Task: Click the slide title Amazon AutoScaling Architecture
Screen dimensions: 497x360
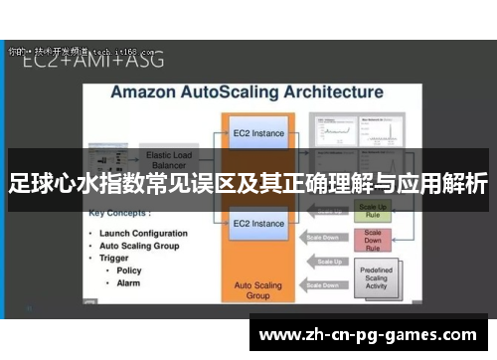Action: pos(246,91)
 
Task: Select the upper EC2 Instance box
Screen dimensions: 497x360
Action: pos(258,133)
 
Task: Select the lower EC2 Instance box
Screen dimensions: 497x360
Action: pos(258,223)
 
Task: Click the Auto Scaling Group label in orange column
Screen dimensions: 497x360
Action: pos(258,290)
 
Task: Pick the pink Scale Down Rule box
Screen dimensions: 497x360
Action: pos(373,241)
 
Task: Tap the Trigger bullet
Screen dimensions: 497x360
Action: pos(116,258)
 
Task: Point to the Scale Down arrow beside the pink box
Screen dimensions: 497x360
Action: pos(329,238)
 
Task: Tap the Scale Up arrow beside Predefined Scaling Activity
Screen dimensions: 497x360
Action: pos(329,263)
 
